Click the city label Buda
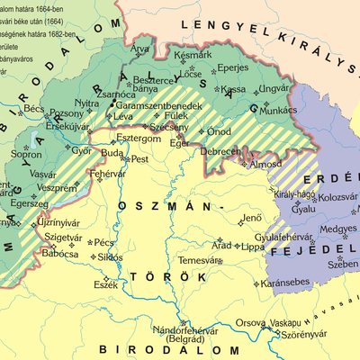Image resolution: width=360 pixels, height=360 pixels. coord(112,154)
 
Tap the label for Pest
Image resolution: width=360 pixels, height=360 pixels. coord(139,159)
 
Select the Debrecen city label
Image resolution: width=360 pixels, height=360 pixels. coord(220,151)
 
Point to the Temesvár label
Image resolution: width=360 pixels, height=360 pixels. coord(198,260)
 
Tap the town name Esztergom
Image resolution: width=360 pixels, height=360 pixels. coord(138,139)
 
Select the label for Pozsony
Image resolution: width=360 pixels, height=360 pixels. coord(65,113)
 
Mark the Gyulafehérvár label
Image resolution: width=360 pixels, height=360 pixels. coord(288,237)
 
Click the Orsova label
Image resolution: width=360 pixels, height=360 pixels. coord(248,322)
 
